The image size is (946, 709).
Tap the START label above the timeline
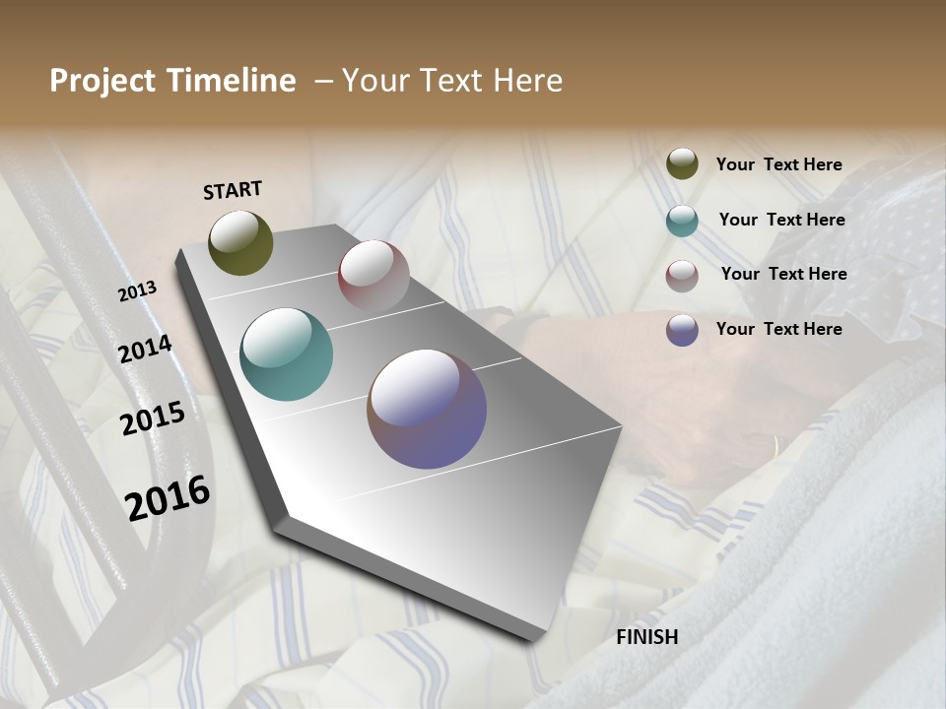click(233, 190)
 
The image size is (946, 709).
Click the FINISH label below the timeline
click(646, 637)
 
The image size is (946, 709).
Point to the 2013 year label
click(138, 291)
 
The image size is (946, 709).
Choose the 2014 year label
click(146, 350)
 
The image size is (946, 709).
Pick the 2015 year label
click(153, 419)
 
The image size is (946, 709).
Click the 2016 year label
click(168, 497)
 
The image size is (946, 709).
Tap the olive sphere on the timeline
click(240, 242)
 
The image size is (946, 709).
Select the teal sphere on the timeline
click(286, 354)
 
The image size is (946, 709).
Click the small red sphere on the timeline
click(373, 276)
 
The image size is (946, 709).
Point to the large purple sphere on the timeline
click(427, 409)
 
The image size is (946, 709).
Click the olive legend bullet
click(682, 163)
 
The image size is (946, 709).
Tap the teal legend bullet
click(682, 221)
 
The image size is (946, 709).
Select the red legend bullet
click(682, 275)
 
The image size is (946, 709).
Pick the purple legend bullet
click(682, 330)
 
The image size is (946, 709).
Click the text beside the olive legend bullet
click(778, 165)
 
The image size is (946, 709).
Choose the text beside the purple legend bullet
click(778, 329)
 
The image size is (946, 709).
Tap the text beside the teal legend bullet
click(781, 220)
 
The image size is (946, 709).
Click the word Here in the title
click(526, 81)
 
